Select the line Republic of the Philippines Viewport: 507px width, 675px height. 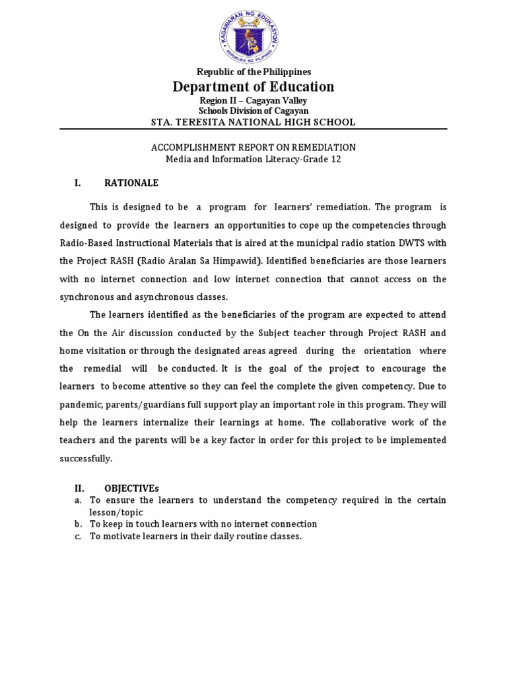(253, 72)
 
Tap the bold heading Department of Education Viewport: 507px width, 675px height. (253, 87)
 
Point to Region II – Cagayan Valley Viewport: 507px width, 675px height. (253, 101)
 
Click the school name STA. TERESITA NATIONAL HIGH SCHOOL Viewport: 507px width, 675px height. (253, 122)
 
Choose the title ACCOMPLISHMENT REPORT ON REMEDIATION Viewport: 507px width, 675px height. (253, 148)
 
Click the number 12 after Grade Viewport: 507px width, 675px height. (336, 160)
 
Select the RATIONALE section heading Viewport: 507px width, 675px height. (131, 183)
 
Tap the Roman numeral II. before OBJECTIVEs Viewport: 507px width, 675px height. (79, 488)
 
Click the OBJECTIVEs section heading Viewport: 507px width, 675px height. (131, 488)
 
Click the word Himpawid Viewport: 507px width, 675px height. (236, 261)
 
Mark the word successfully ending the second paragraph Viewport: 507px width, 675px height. (86, 458)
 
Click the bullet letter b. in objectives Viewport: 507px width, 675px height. (78, 524)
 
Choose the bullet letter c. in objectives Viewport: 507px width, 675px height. (78, 536)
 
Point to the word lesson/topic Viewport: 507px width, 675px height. (116, 512)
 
